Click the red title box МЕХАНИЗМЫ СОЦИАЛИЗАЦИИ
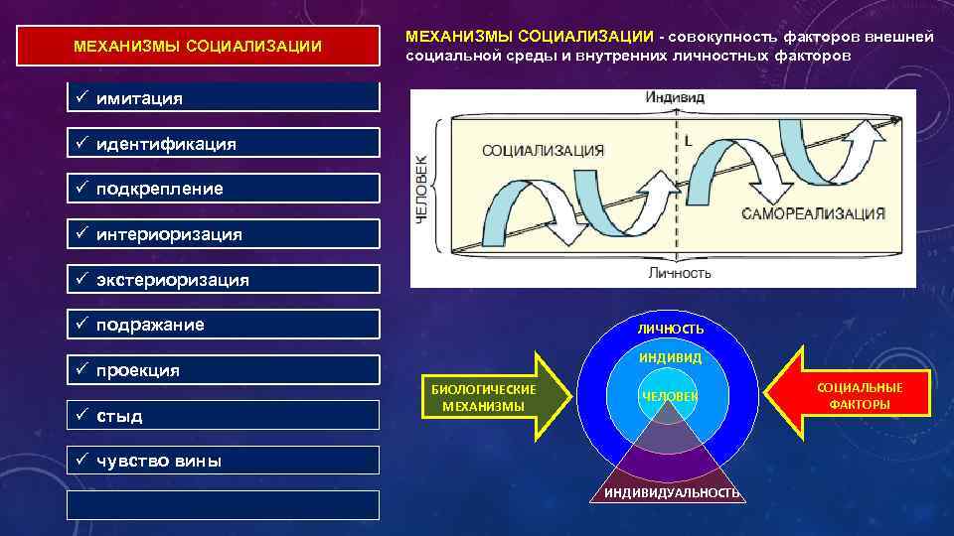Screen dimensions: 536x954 pyautogui.click(x=199, y=46)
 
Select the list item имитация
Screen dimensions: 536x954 pyautogui.click(x=223, y=98)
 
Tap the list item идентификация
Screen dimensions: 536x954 pyautogui.click(x=223, y=144)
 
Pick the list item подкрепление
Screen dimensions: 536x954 pyautogui.click(x=223, y=189)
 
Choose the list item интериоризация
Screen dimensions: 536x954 pyautogui.click(x=223, y=234)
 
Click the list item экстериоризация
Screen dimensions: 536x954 pyautogui.click(x=223, y=280)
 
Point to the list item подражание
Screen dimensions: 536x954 pyautogui.click(x=223, y=325)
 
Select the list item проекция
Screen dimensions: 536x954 pyautogui.click(x=223, y=370)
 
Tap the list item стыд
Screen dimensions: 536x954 pyautogui.click(x=223, y=415)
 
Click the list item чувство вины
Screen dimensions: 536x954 pyautogui.click(x=223, y=461)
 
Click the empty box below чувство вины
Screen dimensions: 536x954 pyautogui.click(x=223, y=505)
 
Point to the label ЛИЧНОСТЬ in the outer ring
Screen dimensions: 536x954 pyautogui.click(x=671, y=329)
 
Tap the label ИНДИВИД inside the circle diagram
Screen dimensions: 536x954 pyautogui.click(x=670, y=357)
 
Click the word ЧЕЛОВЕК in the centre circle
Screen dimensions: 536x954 pyautogui.click(x=670, y=396)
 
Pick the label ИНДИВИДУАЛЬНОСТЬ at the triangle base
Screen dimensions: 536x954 pyautogui.click(x=671, y=493)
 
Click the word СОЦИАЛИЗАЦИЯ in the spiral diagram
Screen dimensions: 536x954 pyautogui.click(x=543, y=151)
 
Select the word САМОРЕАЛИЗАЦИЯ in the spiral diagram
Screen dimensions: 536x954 pyautogui.click(x=812, y=213)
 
